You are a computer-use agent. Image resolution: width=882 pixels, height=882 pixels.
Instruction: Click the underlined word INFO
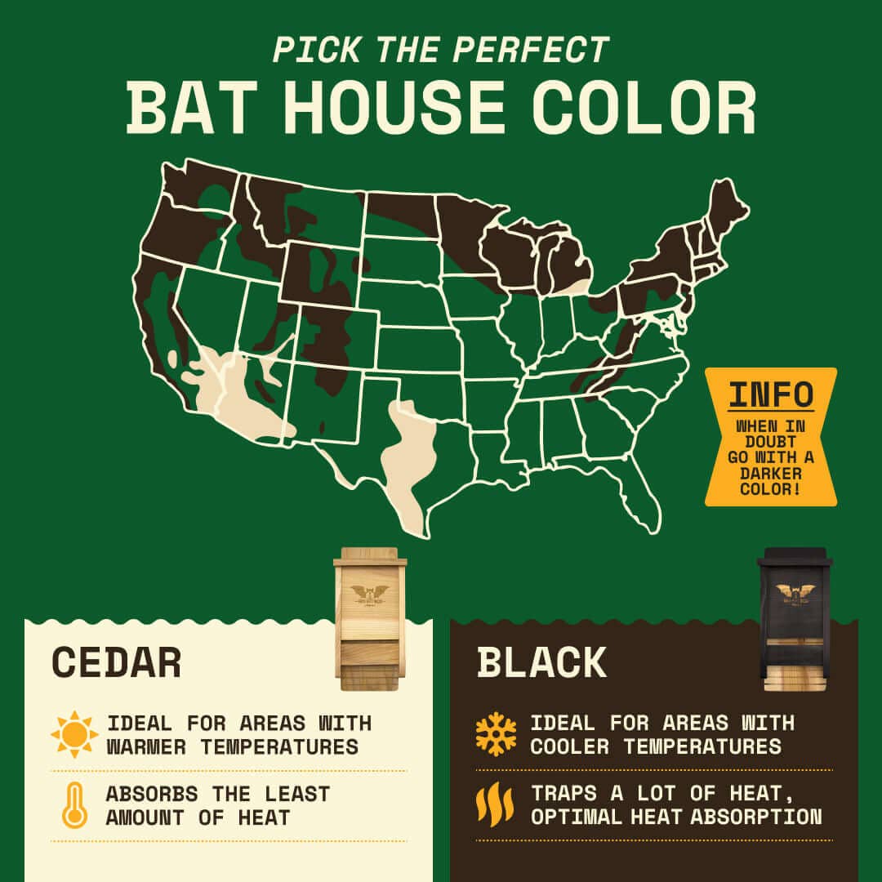[x=771, y=394]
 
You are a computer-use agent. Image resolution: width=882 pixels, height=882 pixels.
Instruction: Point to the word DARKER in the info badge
[x=771, y=474]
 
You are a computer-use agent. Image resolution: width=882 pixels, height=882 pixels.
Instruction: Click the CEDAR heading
[x=116, y=662]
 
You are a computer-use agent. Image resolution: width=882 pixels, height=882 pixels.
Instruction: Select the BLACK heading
[x=541, y=662]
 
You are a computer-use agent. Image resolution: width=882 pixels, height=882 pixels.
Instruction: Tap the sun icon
[x=74, y=734]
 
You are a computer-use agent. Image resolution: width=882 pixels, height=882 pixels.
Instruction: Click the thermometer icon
[x=74, y=805]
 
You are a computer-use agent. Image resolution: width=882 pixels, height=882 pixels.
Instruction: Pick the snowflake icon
[x=497, y=734]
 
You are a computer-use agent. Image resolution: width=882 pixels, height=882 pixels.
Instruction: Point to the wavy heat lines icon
[x=495, y=805]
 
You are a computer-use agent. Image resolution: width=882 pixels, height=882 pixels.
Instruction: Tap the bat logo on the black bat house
[x=794, y=592]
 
